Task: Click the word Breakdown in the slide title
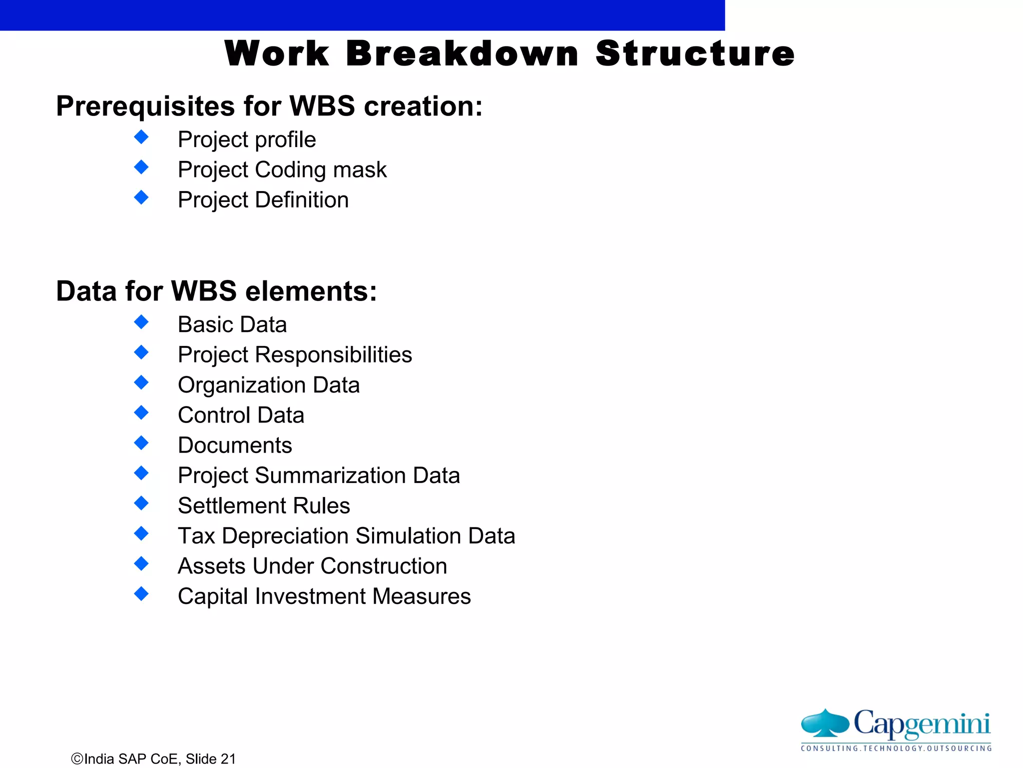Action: coord(462,53)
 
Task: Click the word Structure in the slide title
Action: coord(695,53)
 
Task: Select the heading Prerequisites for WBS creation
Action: coord(269,106)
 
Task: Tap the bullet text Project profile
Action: coord(247,139)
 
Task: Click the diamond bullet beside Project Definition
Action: coord(141,197)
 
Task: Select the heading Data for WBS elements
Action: coord(216,291)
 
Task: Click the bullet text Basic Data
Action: coord(232,324)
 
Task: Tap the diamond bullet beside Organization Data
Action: coord(141,382)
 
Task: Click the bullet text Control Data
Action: coord(241,415)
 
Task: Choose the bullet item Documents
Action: coord(235,445)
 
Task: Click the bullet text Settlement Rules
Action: coord(264,505)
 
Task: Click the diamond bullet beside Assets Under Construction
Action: coord(141,563)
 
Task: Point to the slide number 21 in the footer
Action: coord(228,759)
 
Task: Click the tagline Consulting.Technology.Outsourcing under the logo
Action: coord(896,748)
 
